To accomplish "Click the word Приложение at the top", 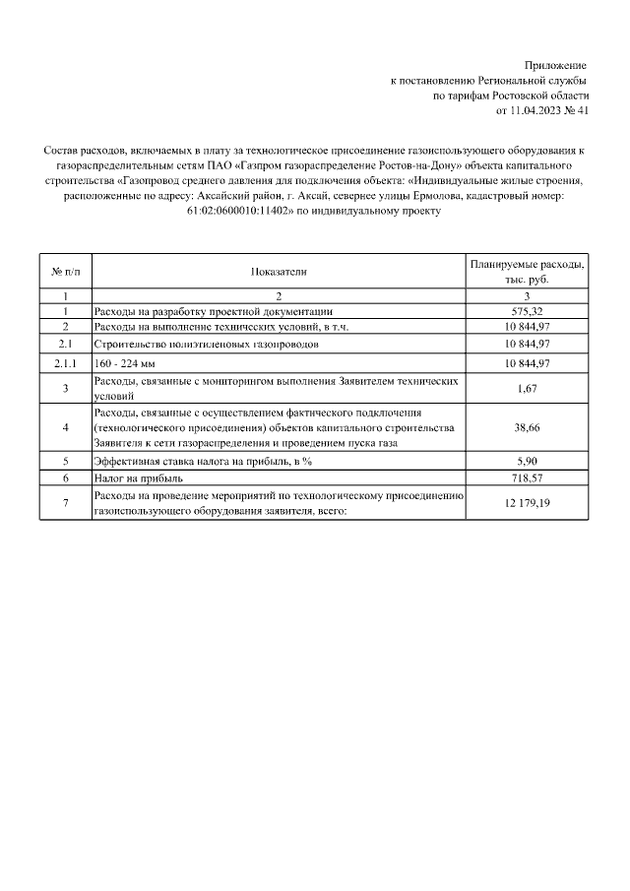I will pyautogui.click(x=557, y=64).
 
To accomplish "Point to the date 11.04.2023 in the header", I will pyautogui.click(x=537, y=111).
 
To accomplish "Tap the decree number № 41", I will pyautogui.click(x=578, y=111).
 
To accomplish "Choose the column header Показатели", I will pyautogui.click(x=279, y=271).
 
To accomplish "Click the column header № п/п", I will pyautogui.click(x=65, y=271).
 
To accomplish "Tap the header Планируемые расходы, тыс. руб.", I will pyautogui.click(x=527, y=272).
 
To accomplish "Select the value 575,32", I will pyautogui.click(x=527, y=311).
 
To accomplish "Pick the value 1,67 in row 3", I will pyautogui.click(x=527, y=389).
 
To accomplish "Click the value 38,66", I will pyautogui.click(x=527, y=428).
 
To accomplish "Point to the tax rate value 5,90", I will pyautogui.click(x=527, y=461).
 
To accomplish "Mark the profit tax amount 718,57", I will pyautogui.click(x=527, y=477).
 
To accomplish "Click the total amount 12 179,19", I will pyautogui.click(x=527, y=504).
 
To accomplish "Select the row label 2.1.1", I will pyautogui.click(x=65, y=364).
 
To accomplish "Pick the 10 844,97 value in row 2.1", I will pyautogui.click(x=527, y=345).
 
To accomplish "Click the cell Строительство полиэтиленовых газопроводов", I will pyautogui.click(x=206, y=345).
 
